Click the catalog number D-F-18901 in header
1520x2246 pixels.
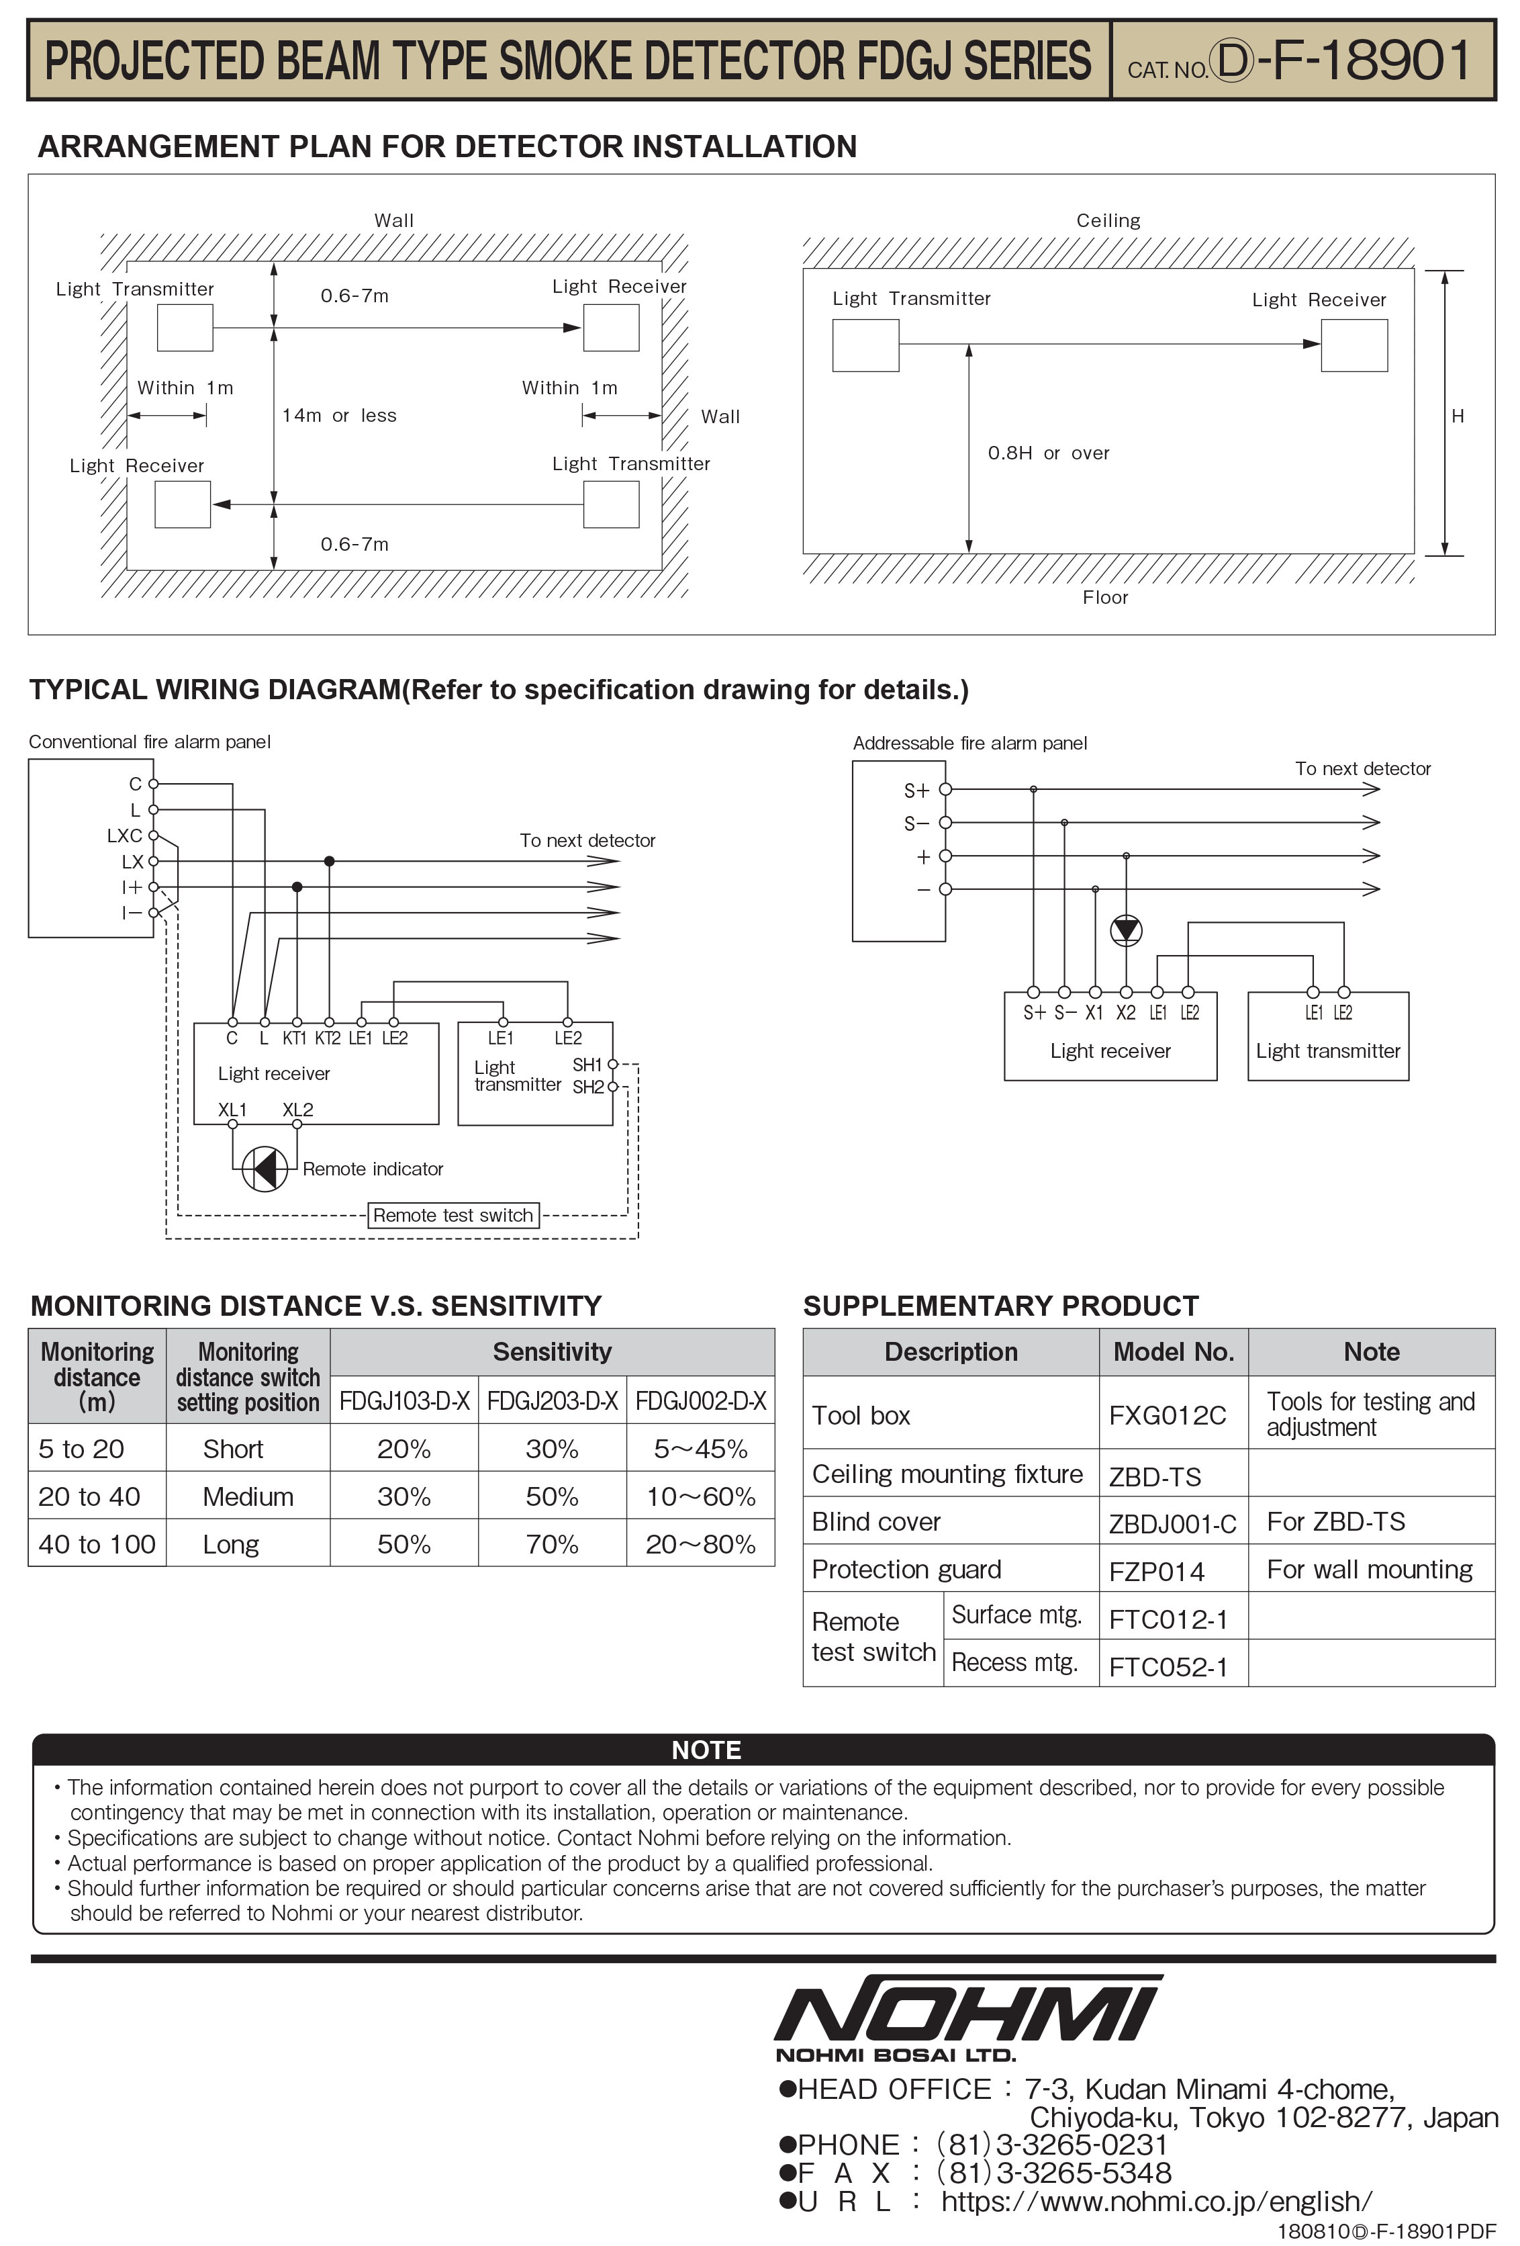point(1343,61)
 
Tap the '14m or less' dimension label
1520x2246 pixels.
point(338,416)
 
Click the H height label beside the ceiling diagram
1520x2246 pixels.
point(1456,416)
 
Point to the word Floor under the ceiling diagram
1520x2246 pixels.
point(1104,597)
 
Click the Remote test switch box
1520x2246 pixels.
point(453,1215)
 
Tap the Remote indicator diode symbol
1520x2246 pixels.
point(264,1169)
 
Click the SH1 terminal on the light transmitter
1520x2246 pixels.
point(612,1064)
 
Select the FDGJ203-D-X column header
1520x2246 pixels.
point(552,1400)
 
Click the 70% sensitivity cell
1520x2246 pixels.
point(552,1543)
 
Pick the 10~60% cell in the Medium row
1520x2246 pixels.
point(700,1496)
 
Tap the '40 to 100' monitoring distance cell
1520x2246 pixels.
point(97,1543)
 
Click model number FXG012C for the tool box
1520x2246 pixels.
point(1168,1415)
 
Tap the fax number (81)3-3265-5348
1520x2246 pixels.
point(1053,2173)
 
